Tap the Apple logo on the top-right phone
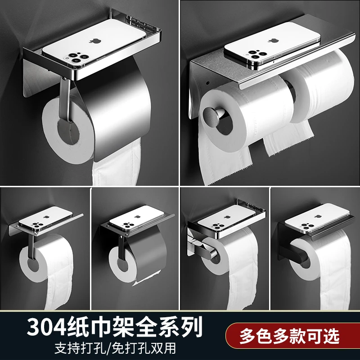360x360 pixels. tap(273, 41)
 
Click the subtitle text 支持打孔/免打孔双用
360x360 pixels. tap(115, 348)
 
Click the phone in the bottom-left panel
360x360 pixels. tap(46, 218)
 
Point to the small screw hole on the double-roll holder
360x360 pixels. tap(207, 82)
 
